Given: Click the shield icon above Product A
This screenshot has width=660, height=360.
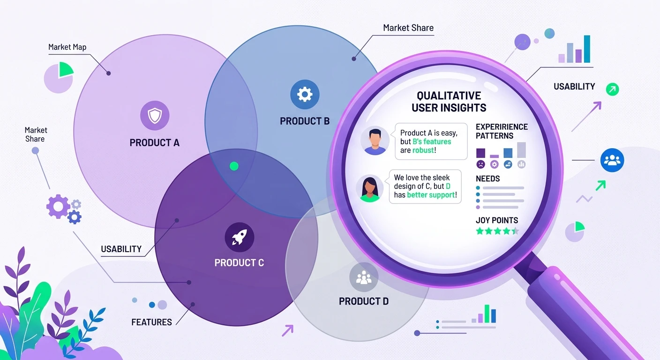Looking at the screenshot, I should pyautogui.click(x=155, y=115).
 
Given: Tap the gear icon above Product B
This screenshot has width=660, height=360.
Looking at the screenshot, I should pyautogui.click(x=305, y=95).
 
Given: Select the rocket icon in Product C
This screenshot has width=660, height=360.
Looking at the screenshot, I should pyautogui.click(x=239, y=237).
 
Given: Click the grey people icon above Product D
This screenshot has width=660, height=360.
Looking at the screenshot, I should pyautogui.click(x=364, y=277).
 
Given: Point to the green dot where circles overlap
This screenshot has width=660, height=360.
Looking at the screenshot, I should pyautogui.click(x=234, y=166).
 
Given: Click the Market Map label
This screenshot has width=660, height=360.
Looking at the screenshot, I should pyautogui.click(x=67, y=47).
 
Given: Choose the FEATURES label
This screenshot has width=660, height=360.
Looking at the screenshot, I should pyautogui.click(x=151, y=322).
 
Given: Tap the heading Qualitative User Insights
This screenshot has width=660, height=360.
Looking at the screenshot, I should pyautogui.click(x=449, y=102).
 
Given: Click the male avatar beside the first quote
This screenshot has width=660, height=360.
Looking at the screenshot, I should pyautogui.click(x=375, y=141).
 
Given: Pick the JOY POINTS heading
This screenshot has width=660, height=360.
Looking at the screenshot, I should pyautogui.click(x=497, y=220).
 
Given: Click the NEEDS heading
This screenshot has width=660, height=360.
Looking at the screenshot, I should pyautogui.click(x=487, y=179).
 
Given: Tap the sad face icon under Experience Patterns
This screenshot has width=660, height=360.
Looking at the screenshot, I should pyautogui.click(x=481, y=165).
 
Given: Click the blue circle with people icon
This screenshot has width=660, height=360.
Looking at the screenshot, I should pyautogui.click(x=612, y=160).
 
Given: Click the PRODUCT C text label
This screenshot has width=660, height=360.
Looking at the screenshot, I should pyautogui.click(x=239, y=263).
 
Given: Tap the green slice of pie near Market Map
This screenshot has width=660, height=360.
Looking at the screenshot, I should pyautogui.click(x=66, y=70).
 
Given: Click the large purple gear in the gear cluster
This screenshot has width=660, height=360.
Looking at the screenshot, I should pyautogui.click(x=58, y=206).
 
